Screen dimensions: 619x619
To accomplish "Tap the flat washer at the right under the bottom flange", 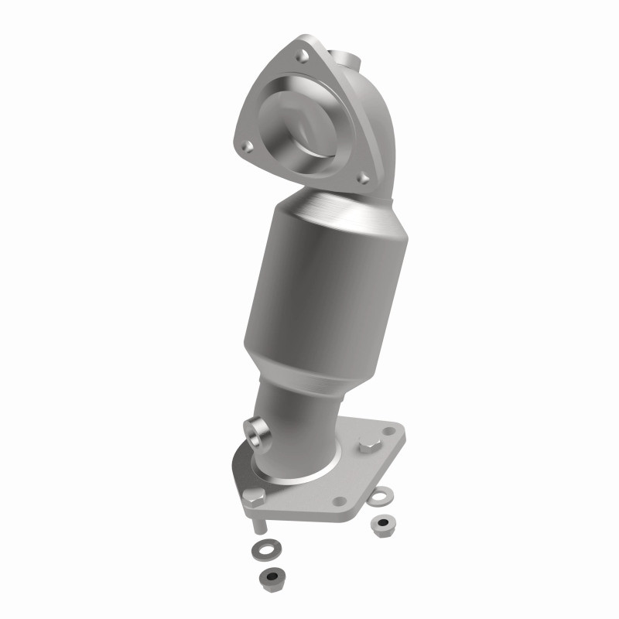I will pos(385,495).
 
